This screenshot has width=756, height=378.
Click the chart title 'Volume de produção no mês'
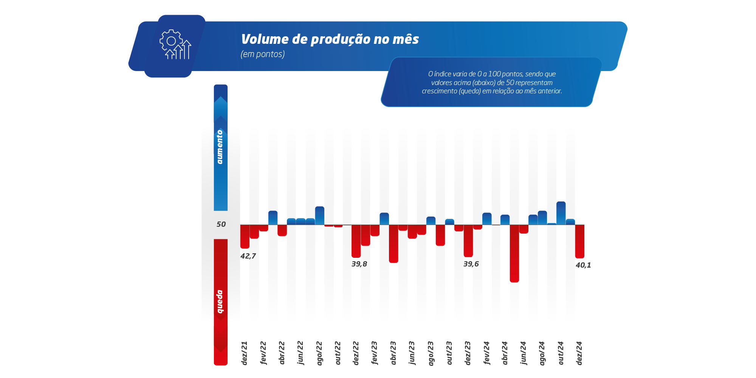click(330, 39)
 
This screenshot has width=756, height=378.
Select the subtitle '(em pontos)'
click(263, 54)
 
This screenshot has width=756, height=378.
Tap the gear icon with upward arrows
click(175, 44)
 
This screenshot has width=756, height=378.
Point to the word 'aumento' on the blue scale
click(220, 147)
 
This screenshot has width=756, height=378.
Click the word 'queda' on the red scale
click(220, 302)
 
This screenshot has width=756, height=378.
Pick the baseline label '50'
click(221, 224)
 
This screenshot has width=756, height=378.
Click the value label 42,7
click(248, 256)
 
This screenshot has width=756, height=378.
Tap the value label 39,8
click(359, 264)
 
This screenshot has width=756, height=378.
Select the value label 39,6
click(471, 264)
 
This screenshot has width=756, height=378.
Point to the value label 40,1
click(583, 265)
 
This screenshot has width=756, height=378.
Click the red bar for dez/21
click(245, 237)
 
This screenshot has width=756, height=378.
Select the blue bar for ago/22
click(320, 215)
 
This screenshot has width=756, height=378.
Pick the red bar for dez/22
click(356, 241)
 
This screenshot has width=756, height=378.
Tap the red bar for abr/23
click(393, 244)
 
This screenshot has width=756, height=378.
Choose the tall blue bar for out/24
click(561, 213)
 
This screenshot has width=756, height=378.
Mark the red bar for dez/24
click(580, 242)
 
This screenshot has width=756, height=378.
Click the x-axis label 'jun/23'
click(412, 353)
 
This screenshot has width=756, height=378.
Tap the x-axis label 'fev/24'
click(486, 353)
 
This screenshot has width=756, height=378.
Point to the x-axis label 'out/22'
click(338, 353)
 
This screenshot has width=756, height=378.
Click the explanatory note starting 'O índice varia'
click(492, 82)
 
